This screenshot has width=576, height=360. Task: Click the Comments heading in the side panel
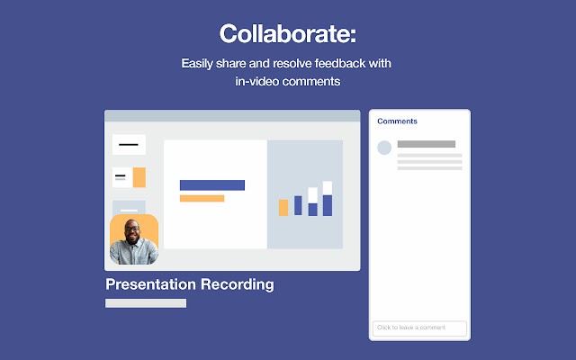click(x=397, y=121)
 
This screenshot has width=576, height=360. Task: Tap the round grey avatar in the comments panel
click(x=384, y=148)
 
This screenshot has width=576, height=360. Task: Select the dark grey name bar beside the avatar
click(x=426, y=144)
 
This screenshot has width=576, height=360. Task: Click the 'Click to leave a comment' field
click(x=419, y=328)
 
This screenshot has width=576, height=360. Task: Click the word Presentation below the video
click(x=151, y=284)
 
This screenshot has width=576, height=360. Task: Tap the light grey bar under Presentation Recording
click(x=146, y=303)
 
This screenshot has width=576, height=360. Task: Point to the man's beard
click(x=132, y=245)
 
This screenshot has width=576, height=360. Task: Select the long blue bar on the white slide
click(x=211, y=184)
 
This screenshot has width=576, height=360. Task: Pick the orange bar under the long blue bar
click(x=202, y=198)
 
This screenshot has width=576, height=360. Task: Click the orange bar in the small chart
click(x=283, y=208)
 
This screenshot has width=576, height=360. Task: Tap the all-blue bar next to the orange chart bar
click(x=298, y=205)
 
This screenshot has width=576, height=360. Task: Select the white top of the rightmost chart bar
click(x=327, y=187)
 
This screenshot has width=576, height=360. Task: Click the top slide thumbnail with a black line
click(x=129, y=144)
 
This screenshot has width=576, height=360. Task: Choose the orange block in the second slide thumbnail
click(x=139, y=177)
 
